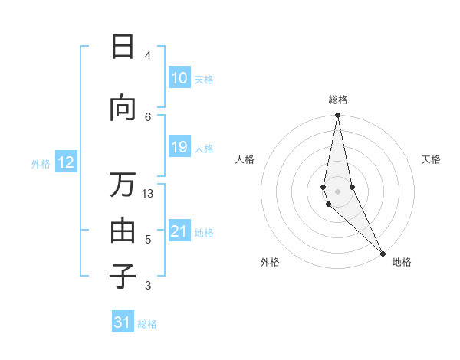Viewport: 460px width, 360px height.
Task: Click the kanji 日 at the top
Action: [x=123, y=47]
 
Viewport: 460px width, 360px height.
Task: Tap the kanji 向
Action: [x=123, y=109]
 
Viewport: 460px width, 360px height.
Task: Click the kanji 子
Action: [x=123, y=277]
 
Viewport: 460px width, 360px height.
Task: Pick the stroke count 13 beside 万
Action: [x=148, y=194]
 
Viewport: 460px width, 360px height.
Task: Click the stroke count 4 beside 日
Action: [x=148, y=56]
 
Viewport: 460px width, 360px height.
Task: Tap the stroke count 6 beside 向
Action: [x=148, y=116]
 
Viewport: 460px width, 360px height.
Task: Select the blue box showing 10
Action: [x=179, y=78]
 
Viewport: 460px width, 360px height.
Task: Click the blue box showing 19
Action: [x=179, y=147]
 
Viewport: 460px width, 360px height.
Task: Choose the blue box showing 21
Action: [x=179, y=231]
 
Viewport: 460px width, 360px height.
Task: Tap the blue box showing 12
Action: [x=66, y=162]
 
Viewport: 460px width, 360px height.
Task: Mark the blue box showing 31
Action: [x=123, y=322]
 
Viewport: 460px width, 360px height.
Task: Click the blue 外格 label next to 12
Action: [x=41, y=163]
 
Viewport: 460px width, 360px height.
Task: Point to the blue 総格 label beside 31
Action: [x=147, y=324]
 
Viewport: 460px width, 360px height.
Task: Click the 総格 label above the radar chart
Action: [x=337, y=100]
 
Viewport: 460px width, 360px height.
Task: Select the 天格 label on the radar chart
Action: [x=431, y=159]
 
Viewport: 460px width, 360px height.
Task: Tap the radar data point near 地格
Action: [x=383, y=253]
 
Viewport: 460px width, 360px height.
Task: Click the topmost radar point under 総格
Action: [x=337, y=116]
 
